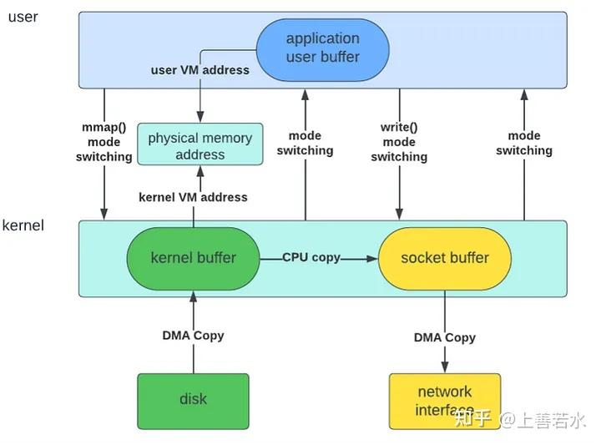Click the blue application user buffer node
coord(322,48)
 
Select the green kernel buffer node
coord(193,258)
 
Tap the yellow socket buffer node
coord(444,258)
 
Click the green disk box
coord(193,400)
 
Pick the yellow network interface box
coord(444,400)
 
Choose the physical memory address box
coord(199,145)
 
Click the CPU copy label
coord(311,257)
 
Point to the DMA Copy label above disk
coord(193,336)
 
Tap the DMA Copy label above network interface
coord(444,337)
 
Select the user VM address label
coord(199,70)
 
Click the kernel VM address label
coord(193,197)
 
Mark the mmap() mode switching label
coord(104,143)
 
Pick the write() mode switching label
coord(399,142)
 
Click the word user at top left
coord(23,17)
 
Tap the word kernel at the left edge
coord(23,225)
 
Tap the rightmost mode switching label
coord(524,143)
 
